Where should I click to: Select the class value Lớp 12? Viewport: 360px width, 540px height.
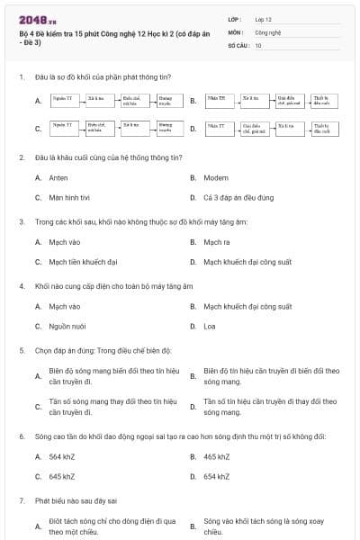[263, 18]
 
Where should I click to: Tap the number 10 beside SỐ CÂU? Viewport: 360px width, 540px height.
[258, 44]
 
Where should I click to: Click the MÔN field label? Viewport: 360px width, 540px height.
[235, 31]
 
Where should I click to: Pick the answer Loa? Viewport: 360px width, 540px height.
[209, 327]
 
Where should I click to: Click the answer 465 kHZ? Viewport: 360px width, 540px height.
[217, 456]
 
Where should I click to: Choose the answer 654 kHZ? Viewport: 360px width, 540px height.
[217, 476]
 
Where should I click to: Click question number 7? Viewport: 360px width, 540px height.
[22, 499]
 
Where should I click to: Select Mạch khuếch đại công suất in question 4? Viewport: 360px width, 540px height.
[247, 307]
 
